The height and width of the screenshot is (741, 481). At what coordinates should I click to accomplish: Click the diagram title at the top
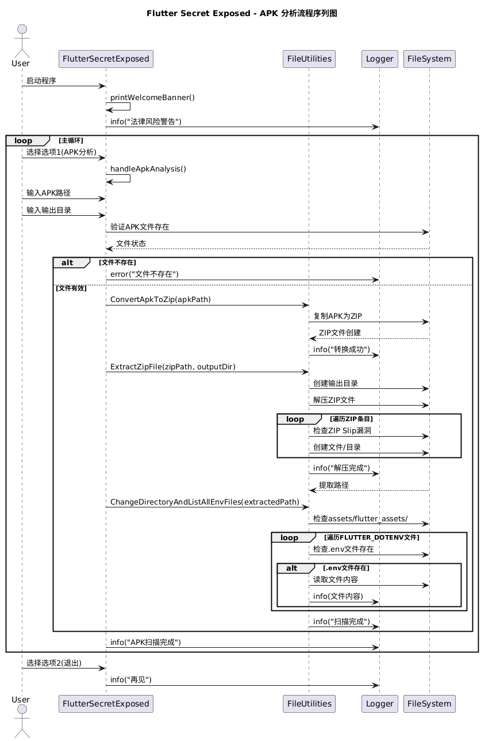[240, 13]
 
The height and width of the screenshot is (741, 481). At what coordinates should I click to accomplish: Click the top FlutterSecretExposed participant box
[106, 59]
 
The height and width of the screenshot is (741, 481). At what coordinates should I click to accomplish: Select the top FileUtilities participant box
[309, 59]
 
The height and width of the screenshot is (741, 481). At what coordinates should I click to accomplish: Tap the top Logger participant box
[379, 59]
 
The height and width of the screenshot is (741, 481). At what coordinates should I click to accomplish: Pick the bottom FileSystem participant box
[429, 703]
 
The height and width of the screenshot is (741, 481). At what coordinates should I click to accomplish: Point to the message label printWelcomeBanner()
[152, 98]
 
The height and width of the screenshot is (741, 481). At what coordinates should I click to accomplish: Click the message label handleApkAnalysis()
[148, 169]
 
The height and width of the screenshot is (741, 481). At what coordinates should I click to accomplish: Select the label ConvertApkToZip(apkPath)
[160, 300]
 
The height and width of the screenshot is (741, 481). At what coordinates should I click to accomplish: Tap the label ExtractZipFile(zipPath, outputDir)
[172, 366]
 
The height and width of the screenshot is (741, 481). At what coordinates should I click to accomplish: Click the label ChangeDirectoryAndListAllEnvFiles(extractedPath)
[204, 502]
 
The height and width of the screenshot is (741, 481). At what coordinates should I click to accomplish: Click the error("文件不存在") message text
[144, 274]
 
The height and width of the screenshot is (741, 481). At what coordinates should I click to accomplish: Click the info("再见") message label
[131, 679]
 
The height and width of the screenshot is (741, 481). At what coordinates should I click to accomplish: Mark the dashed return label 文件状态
[131, 243]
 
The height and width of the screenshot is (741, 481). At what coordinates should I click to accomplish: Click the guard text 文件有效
[71, 288]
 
